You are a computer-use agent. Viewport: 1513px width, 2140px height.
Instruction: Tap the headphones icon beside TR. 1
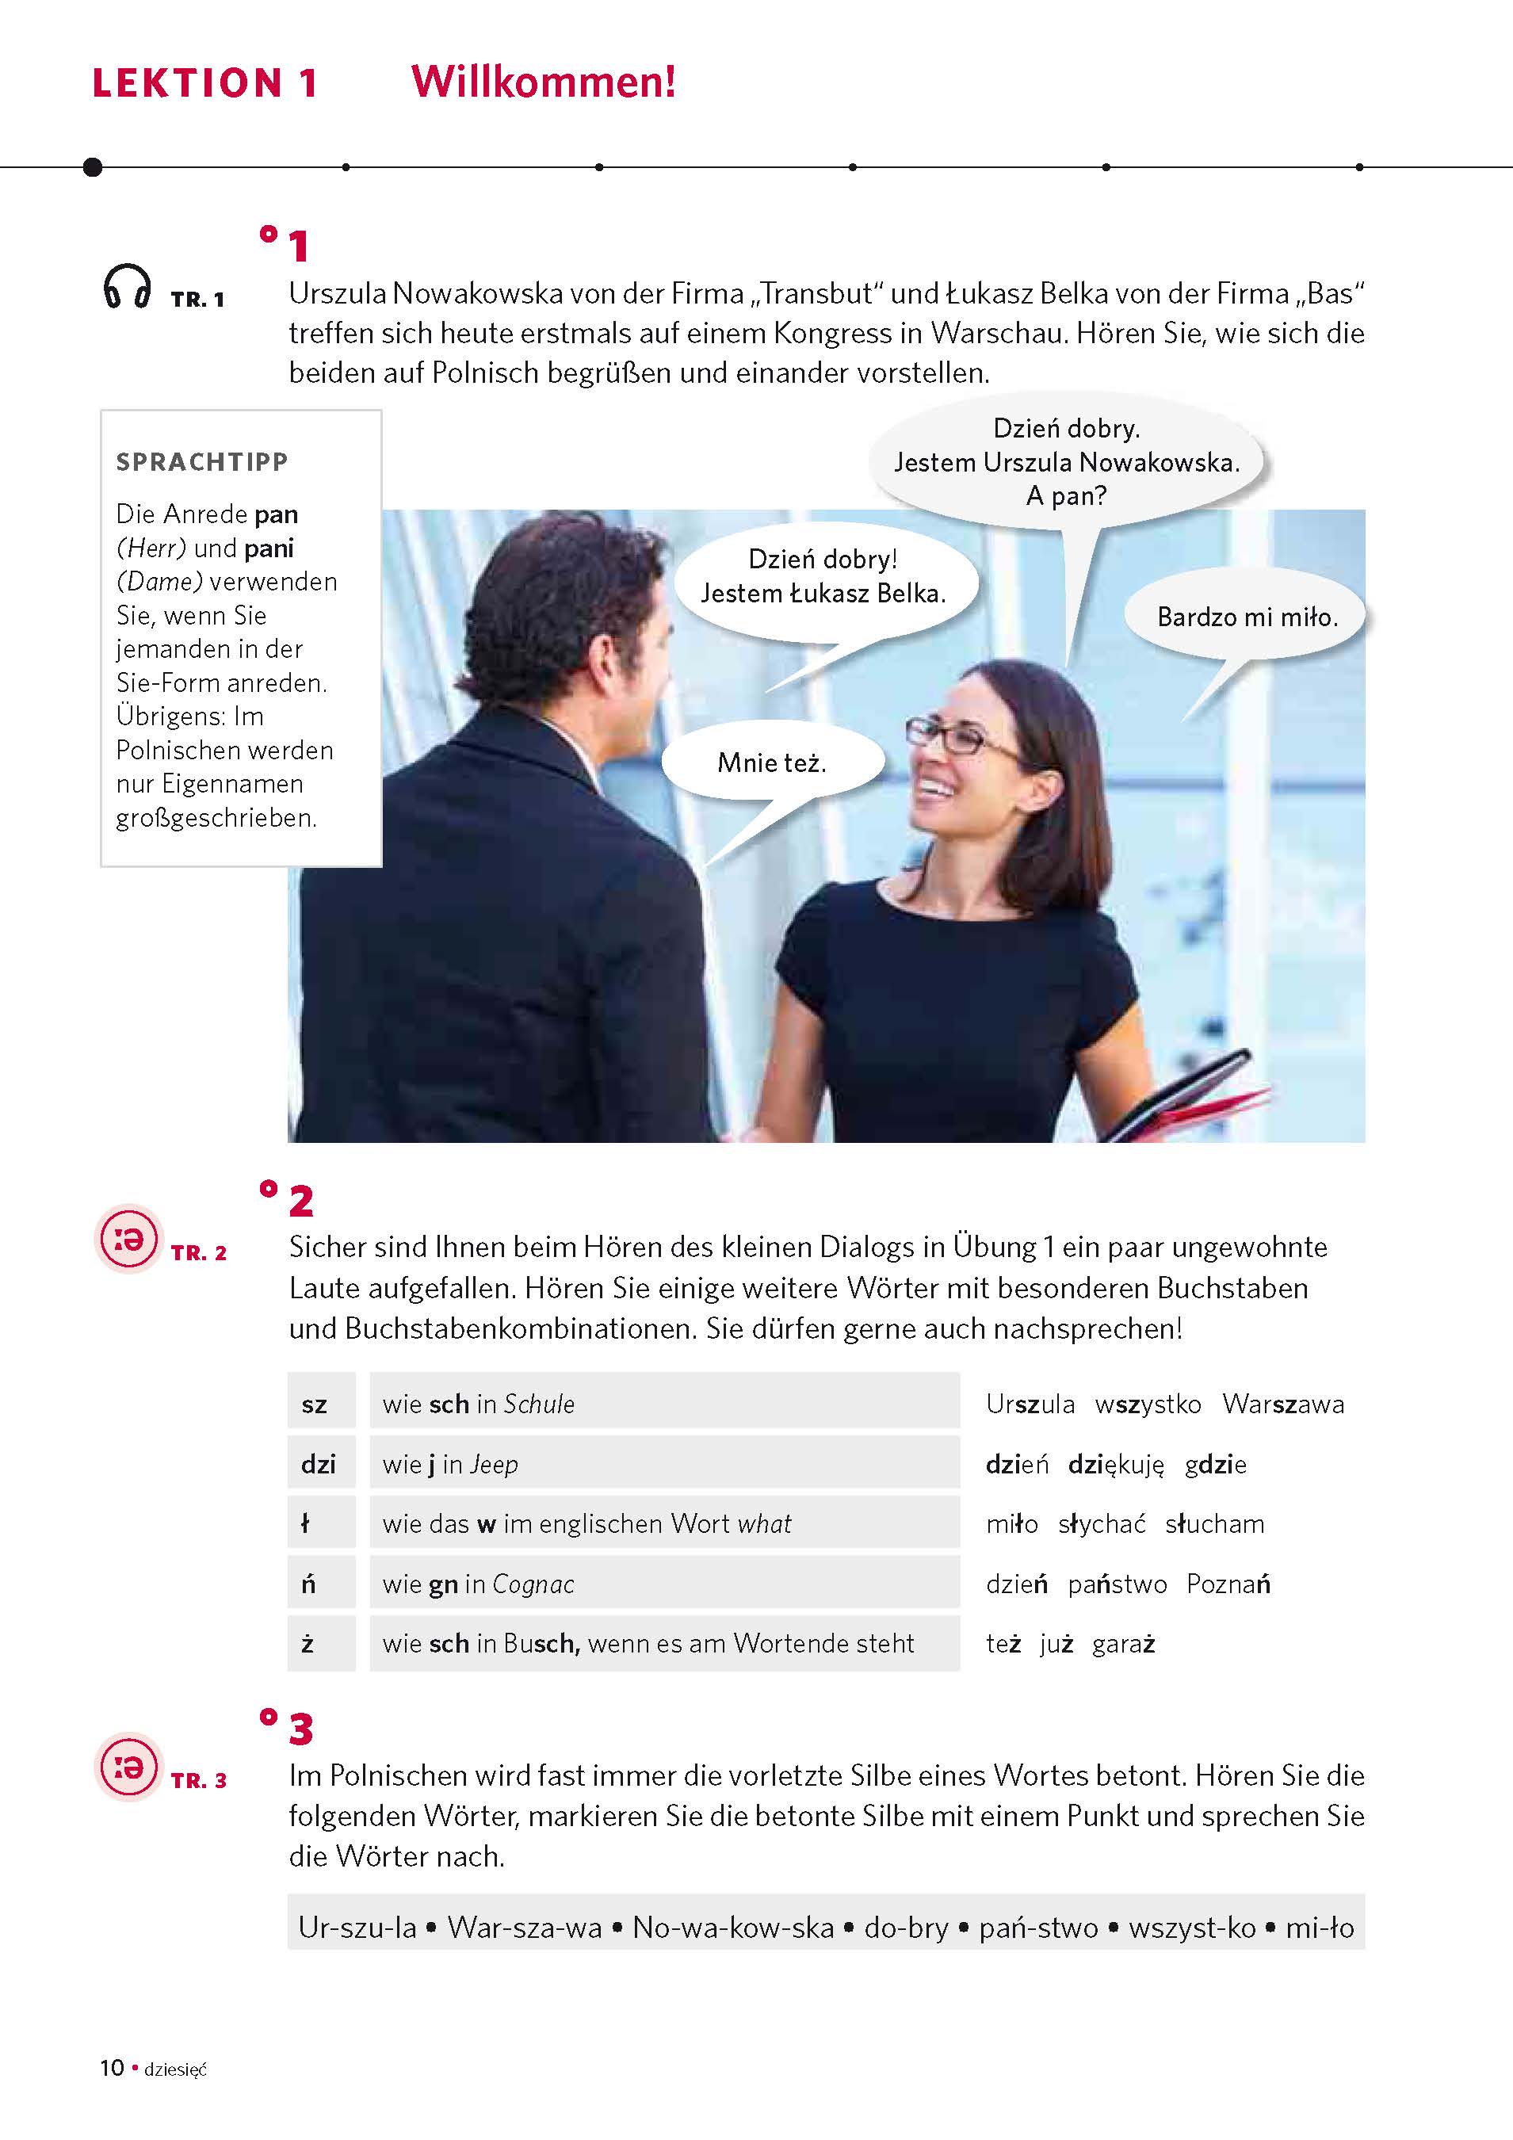pyautogui.click(x=127, y=286)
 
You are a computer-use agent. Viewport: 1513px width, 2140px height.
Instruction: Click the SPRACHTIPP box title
pyautogui.click(x=202, y=461)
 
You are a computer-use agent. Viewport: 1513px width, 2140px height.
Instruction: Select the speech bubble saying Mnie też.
pyautogui.click(x=772, y=762)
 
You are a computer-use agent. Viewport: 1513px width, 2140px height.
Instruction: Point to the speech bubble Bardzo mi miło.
pyautogui.click(x=1247, y=617)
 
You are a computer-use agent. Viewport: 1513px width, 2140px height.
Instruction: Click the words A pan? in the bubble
pyautogui.click(x=1067, y=496)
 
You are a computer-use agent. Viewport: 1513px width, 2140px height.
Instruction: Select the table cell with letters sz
pyautogui.click(x=315, y=1404)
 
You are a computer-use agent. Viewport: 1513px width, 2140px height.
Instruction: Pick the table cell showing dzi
pyautogui.click(x=318, y=1464)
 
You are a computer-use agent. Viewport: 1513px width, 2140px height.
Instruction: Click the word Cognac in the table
pyautogui.click(x=533, y=1584)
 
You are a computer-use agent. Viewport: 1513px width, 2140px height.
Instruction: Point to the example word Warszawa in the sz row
pyautogui.click(x=1282, y=1404)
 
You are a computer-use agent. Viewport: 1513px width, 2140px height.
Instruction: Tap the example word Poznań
pyautogui.click(x=1228, y=1584)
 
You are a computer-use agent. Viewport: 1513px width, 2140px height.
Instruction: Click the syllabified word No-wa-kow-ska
pyautogui.click(x=733, y=1928)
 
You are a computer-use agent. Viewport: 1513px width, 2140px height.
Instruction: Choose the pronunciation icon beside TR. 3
pyautogui.click(x=128, y=1766)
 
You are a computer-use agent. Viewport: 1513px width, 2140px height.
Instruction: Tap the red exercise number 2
pyautogui.click(x=300, y=1202)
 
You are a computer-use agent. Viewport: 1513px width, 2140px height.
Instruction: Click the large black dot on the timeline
pyautogui.click(x=92, y=166)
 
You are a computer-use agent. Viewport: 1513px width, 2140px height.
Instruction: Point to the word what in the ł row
pyautogui.click(x=763, y=1524)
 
